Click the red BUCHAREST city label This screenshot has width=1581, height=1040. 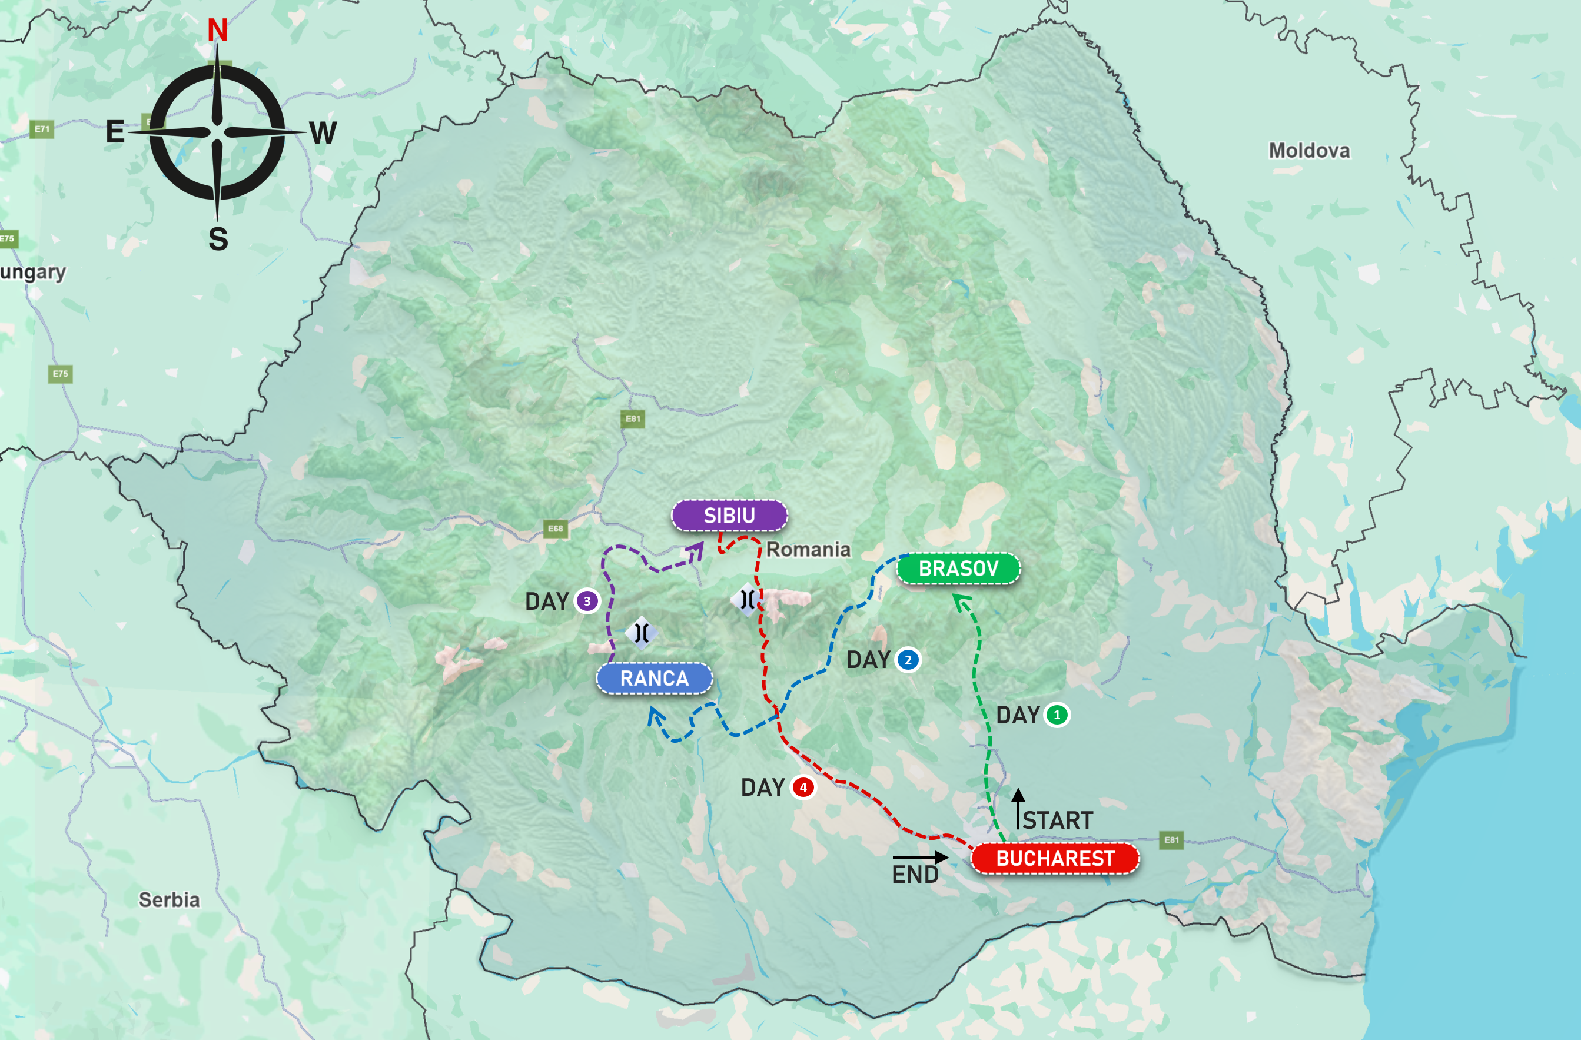click(1055, 858)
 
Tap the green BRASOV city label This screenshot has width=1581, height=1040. click(958, 569)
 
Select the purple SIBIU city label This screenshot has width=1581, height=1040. click(729, 516)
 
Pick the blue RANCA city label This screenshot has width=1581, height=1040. click(655, 678)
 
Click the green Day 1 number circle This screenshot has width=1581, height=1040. click(1057, 715)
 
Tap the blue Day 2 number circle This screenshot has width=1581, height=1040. click(908, 660)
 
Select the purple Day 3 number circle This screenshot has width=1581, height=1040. click(587, 601)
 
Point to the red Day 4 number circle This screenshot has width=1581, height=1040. click(803, 787)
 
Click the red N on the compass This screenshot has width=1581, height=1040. click(217, 31)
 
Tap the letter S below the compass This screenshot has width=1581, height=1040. click(218, 239)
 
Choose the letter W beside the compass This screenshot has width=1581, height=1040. click(323, 133)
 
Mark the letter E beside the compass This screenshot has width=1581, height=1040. click(115, 132)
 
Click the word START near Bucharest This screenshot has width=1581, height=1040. click(1058, 820)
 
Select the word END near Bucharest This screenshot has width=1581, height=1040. click(915, 875)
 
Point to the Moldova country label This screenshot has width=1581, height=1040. click(1308, 151)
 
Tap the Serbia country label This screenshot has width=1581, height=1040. click(169, 900)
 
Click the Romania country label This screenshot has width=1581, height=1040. click(808, 550)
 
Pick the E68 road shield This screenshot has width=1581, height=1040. click(555, 529)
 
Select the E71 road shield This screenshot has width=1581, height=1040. click(42, 129)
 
